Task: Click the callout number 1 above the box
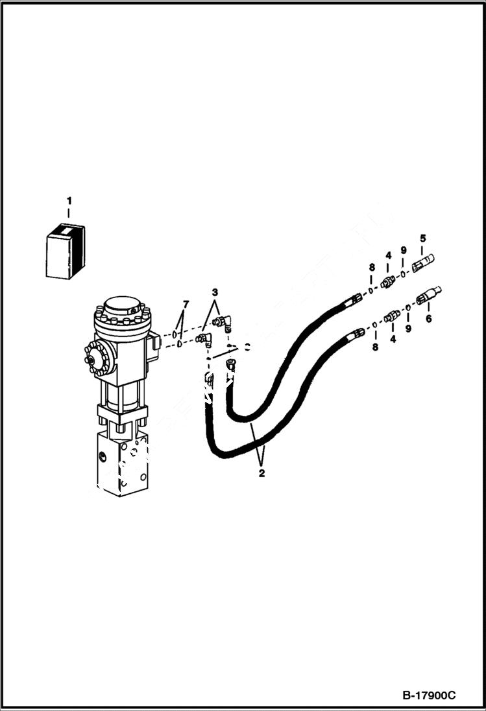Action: [68, 202]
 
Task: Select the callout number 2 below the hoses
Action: [261, 474]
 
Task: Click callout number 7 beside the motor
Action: [186, 304]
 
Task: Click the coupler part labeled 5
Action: [423, 264]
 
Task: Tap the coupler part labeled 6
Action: [429, 296]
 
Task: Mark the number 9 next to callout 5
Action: [403, 250]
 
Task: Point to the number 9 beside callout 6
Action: [408, 329]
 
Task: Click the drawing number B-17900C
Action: [429, 695]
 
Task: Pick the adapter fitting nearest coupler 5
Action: [387, 281]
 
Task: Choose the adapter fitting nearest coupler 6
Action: [391, 317]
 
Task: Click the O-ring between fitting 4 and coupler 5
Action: [403, 274]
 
